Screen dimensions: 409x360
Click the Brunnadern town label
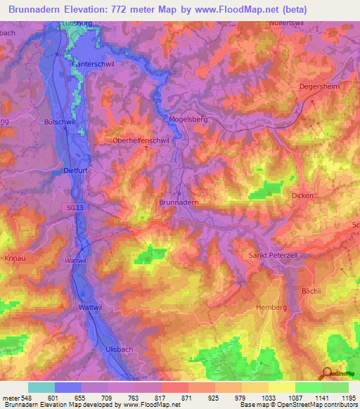[179, 202]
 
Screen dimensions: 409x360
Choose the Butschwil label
[59, 122]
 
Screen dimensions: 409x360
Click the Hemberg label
[273, 308]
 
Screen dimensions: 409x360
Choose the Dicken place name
[302, 195]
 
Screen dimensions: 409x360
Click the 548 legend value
[22, 398]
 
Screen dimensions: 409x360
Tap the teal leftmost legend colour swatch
[41, 387]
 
